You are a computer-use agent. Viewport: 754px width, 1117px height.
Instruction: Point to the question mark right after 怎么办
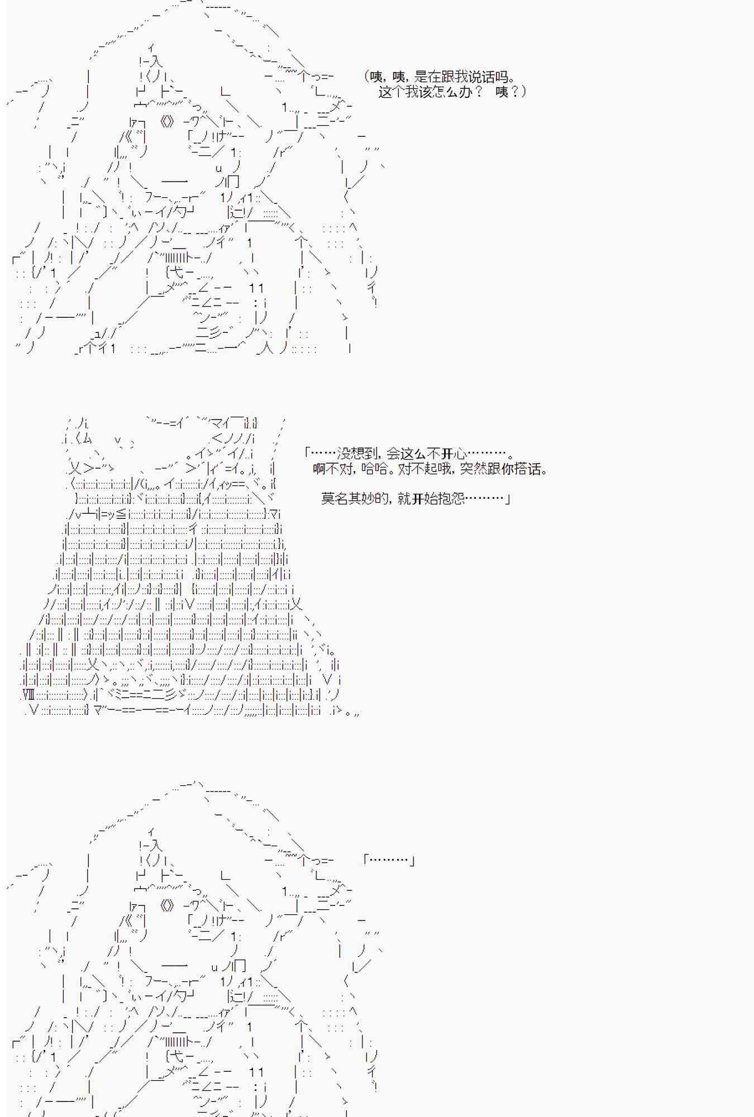pyautogui.click(x=479, y=92)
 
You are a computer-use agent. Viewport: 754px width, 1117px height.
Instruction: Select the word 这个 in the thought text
pyautogui.click(x=392, y=92)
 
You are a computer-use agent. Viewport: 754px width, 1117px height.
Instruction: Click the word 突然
pyautogui.click(x=473, y=469)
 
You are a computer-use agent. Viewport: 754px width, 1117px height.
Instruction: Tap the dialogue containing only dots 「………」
pyautogui.click(x=389, y=861)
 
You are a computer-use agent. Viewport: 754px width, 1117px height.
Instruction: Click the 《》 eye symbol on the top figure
pyautogui.click(x=167, y=121)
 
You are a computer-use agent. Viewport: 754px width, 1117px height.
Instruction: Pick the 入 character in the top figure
pyautogui.click(x=155, y=63)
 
